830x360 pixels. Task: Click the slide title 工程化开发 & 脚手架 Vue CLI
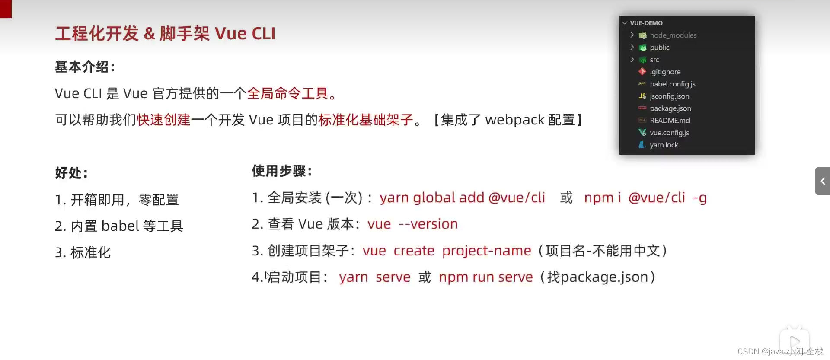click(165, 34)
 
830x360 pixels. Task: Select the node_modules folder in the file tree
click(673, 35)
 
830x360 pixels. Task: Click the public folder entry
click(659, 48)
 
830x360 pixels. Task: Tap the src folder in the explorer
click(654, 60)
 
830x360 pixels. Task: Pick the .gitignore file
click(665, 72)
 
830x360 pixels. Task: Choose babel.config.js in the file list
click(672, 84)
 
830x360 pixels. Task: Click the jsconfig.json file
click(669, 96)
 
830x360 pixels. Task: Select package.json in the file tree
click(670, 108)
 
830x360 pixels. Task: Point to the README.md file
click(670, 121)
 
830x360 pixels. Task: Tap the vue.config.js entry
click(669, 133)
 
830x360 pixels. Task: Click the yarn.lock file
click(664, 145)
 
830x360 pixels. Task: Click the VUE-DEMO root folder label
click(646, 23)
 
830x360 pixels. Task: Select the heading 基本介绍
click(85, 67)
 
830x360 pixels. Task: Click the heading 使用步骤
click(282, 171)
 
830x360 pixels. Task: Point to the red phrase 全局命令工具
click(288, 93)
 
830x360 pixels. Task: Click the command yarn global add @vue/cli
click(462, 198)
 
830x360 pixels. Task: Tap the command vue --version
click(412, 224)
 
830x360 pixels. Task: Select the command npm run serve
click(485, 277)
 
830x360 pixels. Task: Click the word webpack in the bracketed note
click(514, 120)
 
